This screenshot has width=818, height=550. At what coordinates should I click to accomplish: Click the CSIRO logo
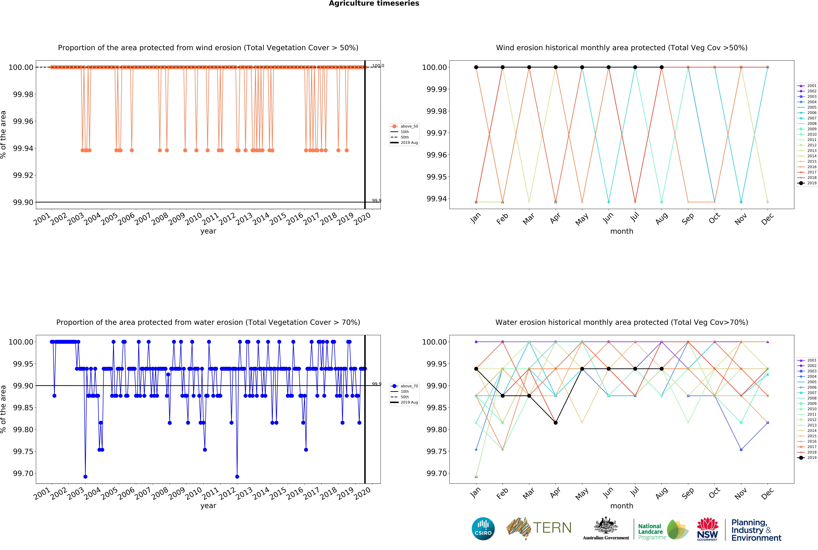click(483, 529)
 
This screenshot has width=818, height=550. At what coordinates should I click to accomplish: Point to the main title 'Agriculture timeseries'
click(374, 4)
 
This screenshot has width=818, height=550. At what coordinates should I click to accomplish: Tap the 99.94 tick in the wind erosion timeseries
click(23, 148)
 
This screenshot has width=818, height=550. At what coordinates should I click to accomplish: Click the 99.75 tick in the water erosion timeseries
click(23, 451)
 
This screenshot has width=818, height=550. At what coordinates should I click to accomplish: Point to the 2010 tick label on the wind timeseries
click(193, 219)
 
